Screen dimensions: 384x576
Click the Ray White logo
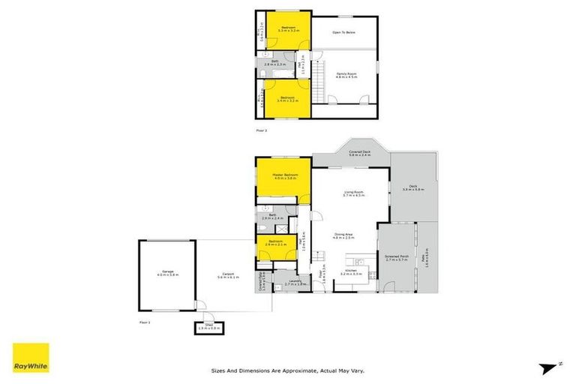(31, 357)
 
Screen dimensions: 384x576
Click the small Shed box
(209, 327)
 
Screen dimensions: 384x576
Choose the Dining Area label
(343, 235)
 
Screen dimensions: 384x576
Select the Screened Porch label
(395, 257)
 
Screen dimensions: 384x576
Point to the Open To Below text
(344, 33)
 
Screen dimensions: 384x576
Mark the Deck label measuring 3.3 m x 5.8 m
(413, 189)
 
